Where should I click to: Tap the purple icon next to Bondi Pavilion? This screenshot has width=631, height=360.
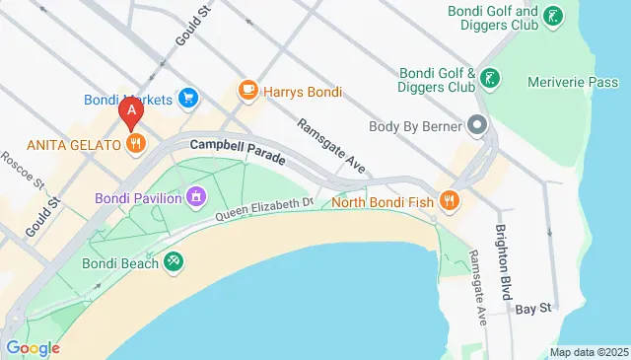(x=197, y=198)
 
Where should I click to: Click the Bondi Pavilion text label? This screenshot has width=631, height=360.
(x=138, y=198)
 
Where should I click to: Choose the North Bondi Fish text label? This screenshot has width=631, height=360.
(x=383, y=203)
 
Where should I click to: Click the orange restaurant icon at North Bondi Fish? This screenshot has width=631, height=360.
(x=450, y=202)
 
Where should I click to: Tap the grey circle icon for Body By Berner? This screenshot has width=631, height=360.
(x=478, y=125)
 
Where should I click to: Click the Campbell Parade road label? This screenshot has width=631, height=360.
(x=238, y=150)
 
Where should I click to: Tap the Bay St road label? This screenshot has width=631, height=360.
(x=531, y=309)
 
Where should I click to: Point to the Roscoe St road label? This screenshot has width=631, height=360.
(x=23, y=171)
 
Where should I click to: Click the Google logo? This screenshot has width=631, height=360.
(x=33, y=347)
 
